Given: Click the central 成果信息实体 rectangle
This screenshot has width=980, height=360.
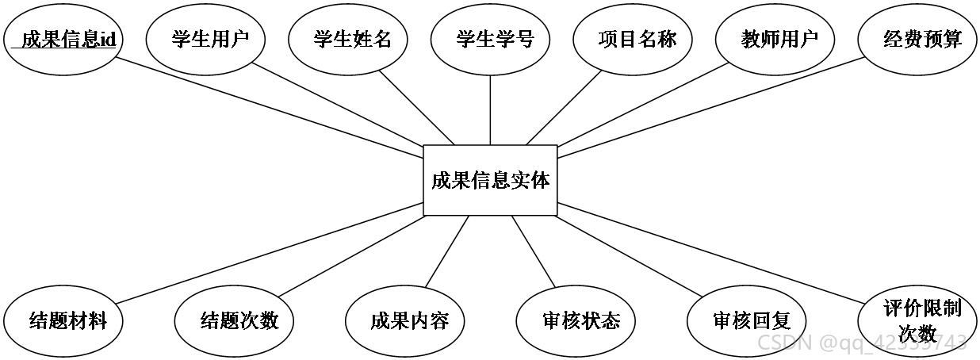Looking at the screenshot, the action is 490,180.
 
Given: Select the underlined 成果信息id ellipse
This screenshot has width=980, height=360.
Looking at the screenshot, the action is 63,40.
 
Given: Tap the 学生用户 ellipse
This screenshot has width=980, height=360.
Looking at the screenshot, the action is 205,40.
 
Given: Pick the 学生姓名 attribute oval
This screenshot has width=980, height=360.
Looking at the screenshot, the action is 348,40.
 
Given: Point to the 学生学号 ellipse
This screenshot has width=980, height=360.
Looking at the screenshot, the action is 490,40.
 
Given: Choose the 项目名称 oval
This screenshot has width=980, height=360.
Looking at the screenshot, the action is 633,40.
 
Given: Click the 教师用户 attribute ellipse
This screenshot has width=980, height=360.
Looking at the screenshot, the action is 775,40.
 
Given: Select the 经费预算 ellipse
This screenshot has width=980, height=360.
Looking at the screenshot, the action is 917,40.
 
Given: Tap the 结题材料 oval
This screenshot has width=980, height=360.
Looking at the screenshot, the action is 63,321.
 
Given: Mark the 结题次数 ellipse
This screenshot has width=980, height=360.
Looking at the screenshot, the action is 234,321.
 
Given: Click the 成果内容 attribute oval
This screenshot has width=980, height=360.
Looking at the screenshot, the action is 404,321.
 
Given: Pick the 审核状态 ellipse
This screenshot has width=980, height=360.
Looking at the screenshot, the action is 576,321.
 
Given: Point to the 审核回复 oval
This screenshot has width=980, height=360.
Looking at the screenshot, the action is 747,321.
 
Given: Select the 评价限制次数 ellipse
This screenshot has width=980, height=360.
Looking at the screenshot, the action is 917,321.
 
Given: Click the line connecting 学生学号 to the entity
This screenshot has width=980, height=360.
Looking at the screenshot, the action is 490,109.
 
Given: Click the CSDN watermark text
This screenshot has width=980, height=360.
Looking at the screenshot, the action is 862,343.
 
